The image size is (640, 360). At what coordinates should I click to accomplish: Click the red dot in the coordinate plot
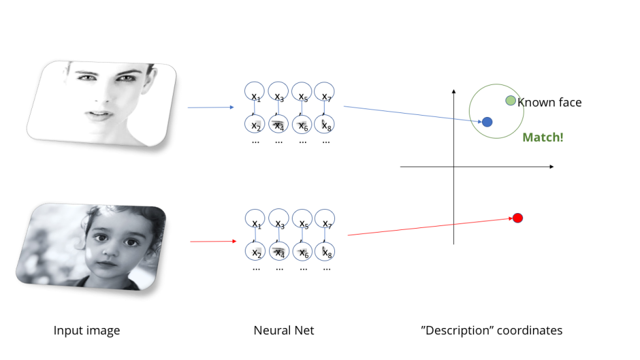click(518, 218)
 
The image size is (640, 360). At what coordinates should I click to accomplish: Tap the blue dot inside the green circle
click(487, 122)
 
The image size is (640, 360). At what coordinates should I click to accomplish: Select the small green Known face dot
click(511, 100)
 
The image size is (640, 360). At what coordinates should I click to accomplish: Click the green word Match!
click(543, 138)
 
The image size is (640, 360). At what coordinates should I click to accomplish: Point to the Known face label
click(549, 103)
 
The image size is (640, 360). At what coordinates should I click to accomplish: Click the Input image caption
click(87, 331)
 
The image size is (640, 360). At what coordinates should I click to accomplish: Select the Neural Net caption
click(283, 331)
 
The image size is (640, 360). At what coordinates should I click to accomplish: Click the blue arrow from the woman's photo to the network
click(210, 107)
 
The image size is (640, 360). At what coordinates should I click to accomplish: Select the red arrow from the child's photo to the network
click(212, 242)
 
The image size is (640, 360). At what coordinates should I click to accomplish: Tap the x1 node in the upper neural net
click(255, 92)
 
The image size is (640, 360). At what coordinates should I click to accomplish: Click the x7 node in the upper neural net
click(325, 92)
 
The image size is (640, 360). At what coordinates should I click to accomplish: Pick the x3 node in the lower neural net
click(278, 220)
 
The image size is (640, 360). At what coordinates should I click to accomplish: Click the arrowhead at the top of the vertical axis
click(454, 91)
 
